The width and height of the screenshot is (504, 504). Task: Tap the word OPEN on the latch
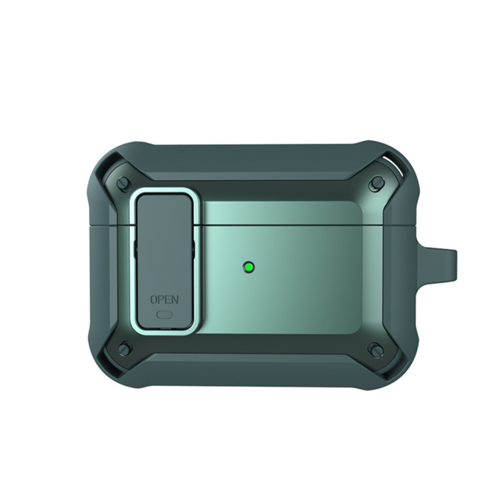164,299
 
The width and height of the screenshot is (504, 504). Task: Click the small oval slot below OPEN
164,314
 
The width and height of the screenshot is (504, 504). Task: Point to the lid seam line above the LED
280,224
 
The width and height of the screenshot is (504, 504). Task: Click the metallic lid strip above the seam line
280,214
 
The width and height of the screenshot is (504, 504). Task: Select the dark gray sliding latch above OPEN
164,239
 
